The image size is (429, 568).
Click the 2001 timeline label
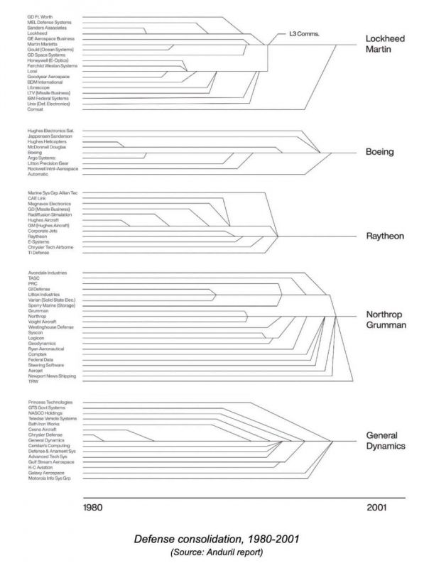click(x=378, y=508)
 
